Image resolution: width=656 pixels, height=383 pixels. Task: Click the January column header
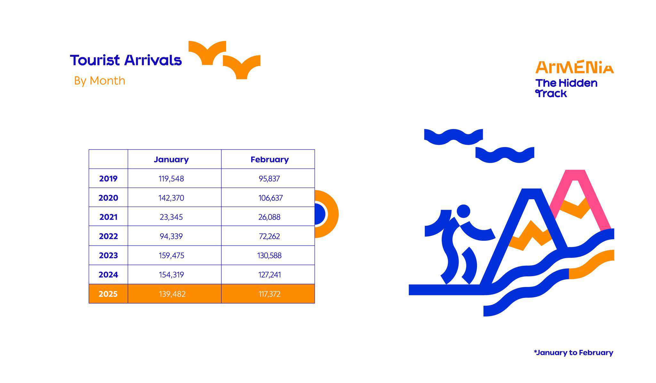pyautogui.click(x=171, y=159)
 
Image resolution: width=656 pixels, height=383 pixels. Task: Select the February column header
pyautogui.click(x=269, y=159)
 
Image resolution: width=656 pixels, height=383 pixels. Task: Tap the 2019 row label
pyautogui.click(x=108, y=179)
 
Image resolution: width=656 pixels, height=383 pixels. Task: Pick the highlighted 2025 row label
pyautogui.click(x=108, y=294)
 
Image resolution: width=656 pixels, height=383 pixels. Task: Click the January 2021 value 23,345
pyautogui.click(x=171, y=217)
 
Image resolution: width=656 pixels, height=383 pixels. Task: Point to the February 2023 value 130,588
pyautogui.click(x=269, y=256)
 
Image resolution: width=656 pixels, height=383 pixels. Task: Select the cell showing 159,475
pyautogui.click(x=171, y=256)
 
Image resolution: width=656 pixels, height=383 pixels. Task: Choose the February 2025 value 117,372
pyautogui.click(x=269, y=294)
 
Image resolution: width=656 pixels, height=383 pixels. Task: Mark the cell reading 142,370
pyautogui.click(x=171, y=198)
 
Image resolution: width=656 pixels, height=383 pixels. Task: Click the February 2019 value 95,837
pyautogui.click(x=269, y=179)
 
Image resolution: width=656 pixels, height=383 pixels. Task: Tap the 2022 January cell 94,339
pyautogui.click(x=171, y=236)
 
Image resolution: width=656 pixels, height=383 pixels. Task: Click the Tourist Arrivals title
pyautogui.click(x=126, y=60)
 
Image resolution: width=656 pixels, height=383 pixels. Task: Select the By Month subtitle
pyautogui.click(x=100, y=81)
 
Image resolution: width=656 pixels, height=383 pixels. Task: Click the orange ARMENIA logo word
pyautogui.click(x=575, y=67)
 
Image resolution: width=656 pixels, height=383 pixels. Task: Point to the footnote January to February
pyautogui.click(x=573, y=353)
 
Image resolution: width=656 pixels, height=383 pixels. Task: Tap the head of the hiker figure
pyautogui.click(x=463, y=211)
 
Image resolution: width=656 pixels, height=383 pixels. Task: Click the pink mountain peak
pyautogui.click(x=576, y=175)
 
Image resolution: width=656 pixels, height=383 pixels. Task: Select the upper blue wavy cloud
pyautogui.click(x=453, y=137)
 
